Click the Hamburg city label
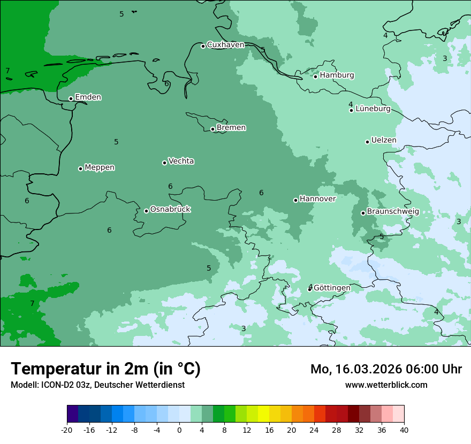[337, 75]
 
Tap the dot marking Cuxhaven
[203, 46]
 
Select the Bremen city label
[231, 128]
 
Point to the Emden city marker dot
[71, 98]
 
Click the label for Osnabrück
[170, 210]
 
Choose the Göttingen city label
[332, 288]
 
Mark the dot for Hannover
[295, 200]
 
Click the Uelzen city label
[384, 141]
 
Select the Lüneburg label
[373, 109]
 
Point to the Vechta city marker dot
[164, 163]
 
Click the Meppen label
[100, 168]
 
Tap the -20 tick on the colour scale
[67, 430]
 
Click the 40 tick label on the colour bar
[404, 430]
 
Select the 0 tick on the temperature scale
[179, 430]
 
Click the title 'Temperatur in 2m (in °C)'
[105, 369]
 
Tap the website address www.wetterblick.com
[386, 385]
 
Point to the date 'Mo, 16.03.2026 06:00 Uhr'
[386, 369]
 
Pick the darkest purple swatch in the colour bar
[73, 414]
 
